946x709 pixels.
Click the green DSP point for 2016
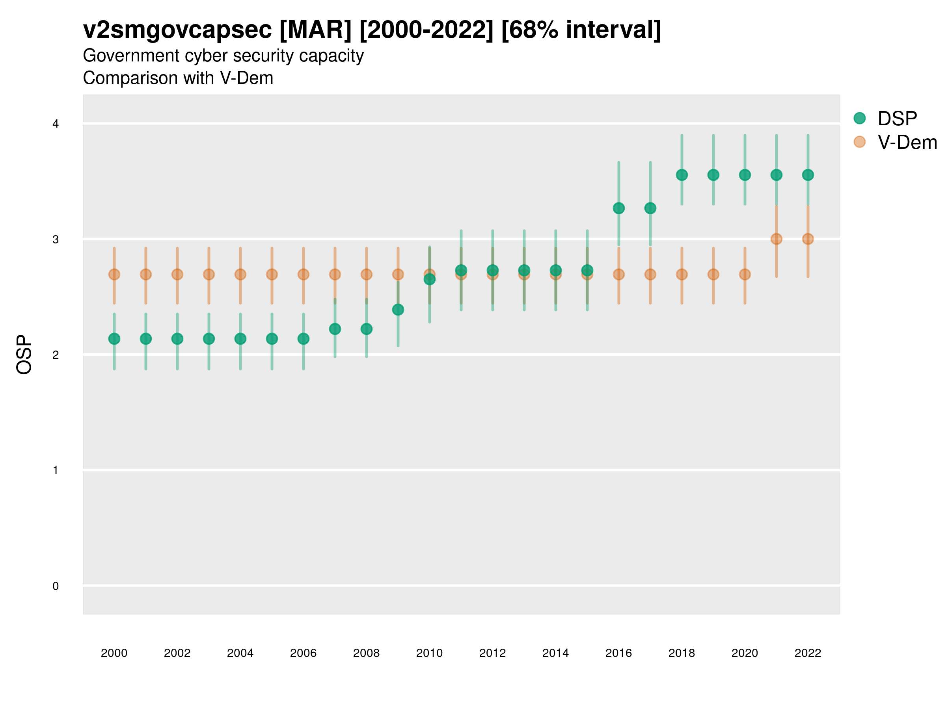618,208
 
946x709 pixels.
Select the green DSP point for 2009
398,310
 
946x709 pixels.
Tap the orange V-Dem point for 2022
807,239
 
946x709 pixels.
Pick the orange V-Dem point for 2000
114,275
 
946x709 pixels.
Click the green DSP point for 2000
114,339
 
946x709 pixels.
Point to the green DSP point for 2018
682,175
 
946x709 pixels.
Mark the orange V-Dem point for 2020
745,275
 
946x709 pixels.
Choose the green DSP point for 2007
335,329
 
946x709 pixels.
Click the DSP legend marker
859,119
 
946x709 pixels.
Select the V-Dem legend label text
907,142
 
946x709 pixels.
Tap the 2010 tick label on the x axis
429,653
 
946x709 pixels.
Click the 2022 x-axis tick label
807,653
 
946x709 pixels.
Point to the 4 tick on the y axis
56,124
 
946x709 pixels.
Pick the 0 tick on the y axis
56,586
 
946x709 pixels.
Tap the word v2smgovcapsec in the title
177,30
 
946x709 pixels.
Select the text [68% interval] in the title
581,30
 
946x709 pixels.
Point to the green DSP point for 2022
807,175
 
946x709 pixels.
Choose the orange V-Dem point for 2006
303,275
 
